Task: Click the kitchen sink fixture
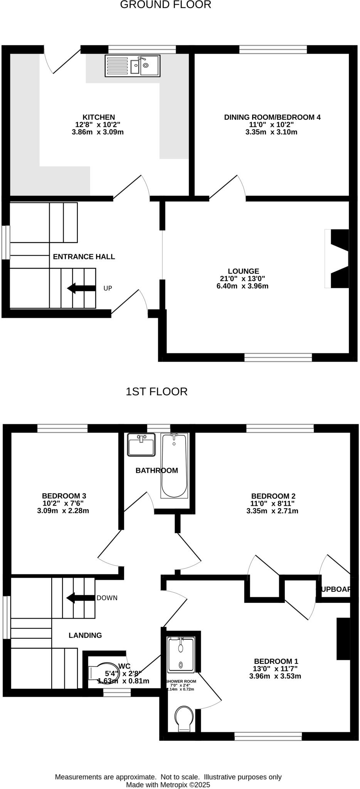(133, 65)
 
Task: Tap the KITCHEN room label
(99, 117)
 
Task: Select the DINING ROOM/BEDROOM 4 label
(272, 117)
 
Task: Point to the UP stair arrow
(81, 288)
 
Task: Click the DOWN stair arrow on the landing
(81, 598)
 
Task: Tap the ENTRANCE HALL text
(84, 257)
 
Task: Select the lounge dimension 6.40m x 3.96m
(242, 286)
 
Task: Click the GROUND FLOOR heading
(166, 5)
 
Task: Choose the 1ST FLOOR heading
(156, 392)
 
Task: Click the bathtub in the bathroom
(174, 465)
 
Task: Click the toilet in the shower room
(183, 718)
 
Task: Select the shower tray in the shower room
(180, 654)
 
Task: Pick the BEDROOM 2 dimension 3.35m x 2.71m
(272, 511)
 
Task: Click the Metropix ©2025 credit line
(168, 784)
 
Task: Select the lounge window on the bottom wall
(278, 358)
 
